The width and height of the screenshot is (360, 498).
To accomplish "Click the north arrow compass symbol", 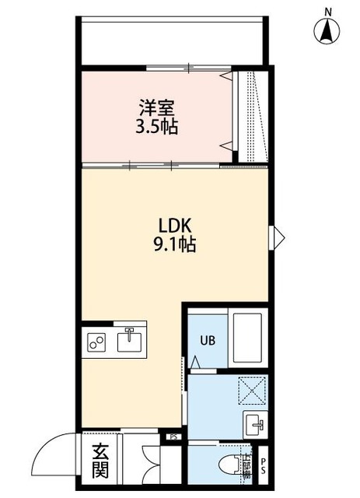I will (328, 29).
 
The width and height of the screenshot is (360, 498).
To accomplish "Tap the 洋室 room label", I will (156, 107).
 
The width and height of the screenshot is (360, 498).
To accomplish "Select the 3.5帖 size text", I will (156, 126).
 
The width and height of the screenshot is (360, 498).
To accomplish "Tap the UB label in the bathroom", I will (208, 340).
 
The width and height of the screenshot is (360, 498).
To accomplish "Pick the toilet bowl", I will (230, 465).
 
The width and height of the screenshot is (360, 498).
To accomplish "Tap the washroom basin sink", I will (255, 425).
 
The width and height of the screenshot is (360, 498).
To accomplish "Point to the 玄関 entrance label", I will (100, 461).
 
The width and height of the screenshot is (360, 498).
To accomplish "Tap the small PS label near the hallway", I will (172, 437).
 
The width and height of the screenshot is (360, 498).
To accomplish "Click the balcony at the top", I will (174, 39).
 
